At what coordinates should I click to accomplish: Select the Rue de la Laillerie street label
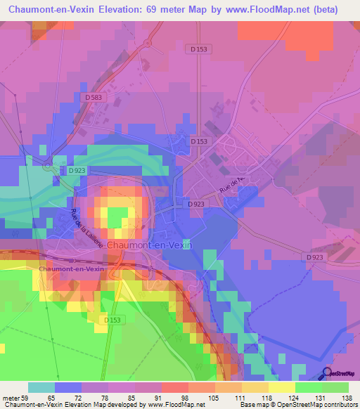pyautogui.click(x=86, y=228)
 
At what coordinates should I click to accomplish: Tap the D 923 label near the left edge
pyautogui.click(x=77, y=170)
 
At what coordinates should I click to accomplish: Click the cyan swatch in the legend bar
pyautogui.click(x=41, y=387)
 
